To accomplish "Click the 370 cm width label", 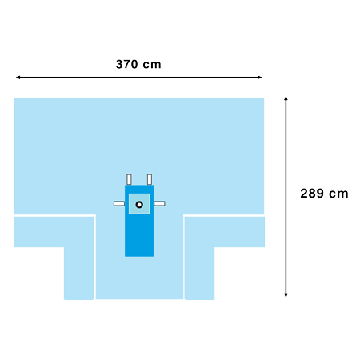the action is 138,64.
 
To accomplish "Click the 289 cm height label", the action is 324,194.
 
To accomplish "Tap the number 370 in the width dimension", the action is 127,64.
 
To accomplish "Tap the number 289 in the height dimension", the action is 312,194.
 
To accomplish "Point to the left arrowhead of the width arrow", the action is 18,78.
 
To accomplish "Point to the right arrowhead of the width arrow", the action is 260,78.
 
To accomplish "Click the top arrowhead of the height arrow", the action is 286,98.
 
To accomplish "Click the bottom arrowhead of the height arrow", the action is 286,295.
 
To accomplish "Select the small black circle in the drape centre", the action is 139,205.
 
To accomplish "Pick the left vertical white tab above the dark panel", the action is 129,179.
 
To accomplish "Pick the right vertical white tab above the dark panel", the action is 150,179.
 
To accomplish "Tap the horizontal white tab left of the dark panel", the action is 119,203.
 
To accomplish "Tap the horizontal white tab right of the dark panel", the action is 159,203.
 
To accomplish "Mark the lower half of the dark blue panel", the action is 139,238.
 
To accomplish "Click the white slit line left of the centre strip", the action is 94,256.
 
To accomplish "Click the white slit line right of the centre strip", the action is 184,256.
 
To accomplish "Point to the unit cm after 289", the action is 338,194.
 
